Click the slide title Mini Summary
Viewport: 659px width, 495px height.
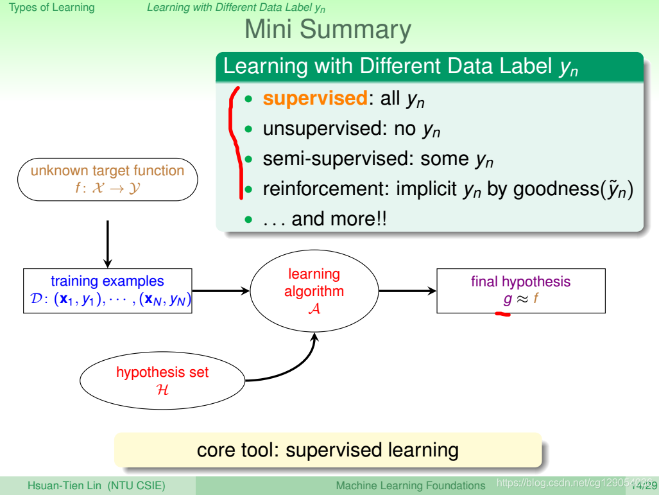tap(327, 30)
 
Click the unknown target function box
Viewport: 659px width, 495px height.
tap(107, 179)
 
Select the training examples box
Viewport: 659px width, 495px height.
tap(107, 290)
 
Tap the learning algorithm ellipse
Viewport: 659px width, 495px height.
tap(314, 291)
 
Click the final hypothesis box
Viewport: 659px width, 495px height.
tap(520, 290)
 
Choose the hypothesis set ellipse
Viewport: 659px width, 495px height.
tap(162, 380)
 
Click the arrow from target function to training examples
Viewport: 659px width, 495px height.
tap(107, 244)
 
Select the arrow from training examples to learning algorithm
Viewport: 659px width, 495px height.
tap(220, 291)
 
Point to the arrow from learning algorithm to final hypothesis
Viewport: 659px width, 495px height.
tap(407, 291)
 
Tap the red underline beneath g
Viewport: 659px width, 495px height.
tap(501, 314)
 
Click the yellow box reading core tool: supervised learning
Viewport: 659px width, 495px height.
tap(327, 449)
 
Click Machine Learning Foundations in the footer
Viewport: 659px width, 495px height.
tap(411, 485)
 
